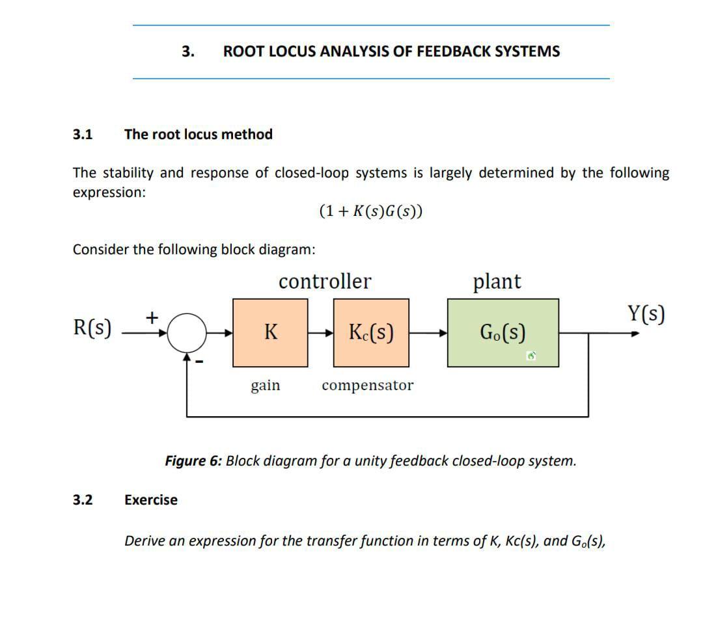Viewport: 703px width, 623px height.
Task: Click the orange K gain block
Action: coord(271,332)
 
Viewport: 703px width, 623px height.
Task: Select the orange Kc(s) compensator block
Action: coord(371,332)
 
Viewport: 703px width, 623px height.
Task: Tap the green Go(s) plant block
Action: coord(503,332)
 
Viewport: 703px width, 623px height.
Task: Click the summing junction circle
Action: coord(187,333)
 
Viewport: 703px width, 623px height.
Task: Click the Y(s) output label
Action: coord(646,314)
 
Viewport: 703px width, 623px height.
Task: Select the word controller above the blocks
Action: coord(325,282)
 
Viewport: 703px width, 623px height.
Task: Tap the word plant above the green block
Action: coord(497,282)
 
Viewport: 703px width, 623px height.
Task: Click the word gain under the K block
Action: coord(266,385)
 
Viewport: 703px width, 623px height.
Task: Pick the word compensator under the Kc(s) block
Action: coord(367,385)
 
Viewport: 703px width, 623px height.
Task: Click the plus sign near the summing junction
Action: coord(152,317)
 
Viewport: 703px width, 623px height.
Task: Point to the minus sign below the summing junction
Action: coord(200,362)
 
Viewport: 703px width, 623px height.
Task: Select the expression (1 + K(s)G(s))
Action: coord(371,211)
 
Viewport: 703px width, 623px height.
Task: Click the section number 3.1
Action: coord(82,135)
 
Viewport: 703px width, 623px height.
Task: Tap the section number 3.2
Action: coord(82,500)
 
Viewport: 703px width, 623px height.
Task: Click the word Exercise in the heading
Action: coord(150,500)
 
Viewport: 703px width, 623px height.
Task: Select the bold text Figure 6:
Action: coord(193,461)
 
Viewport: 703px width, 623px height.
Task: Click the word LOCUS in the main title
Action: coord(290,51)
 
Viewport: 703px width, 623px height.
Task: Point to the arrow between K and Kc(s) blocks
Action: coord(320,333)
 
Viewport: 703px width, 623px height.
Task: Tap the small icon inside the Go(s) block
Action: coord(532,356)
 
